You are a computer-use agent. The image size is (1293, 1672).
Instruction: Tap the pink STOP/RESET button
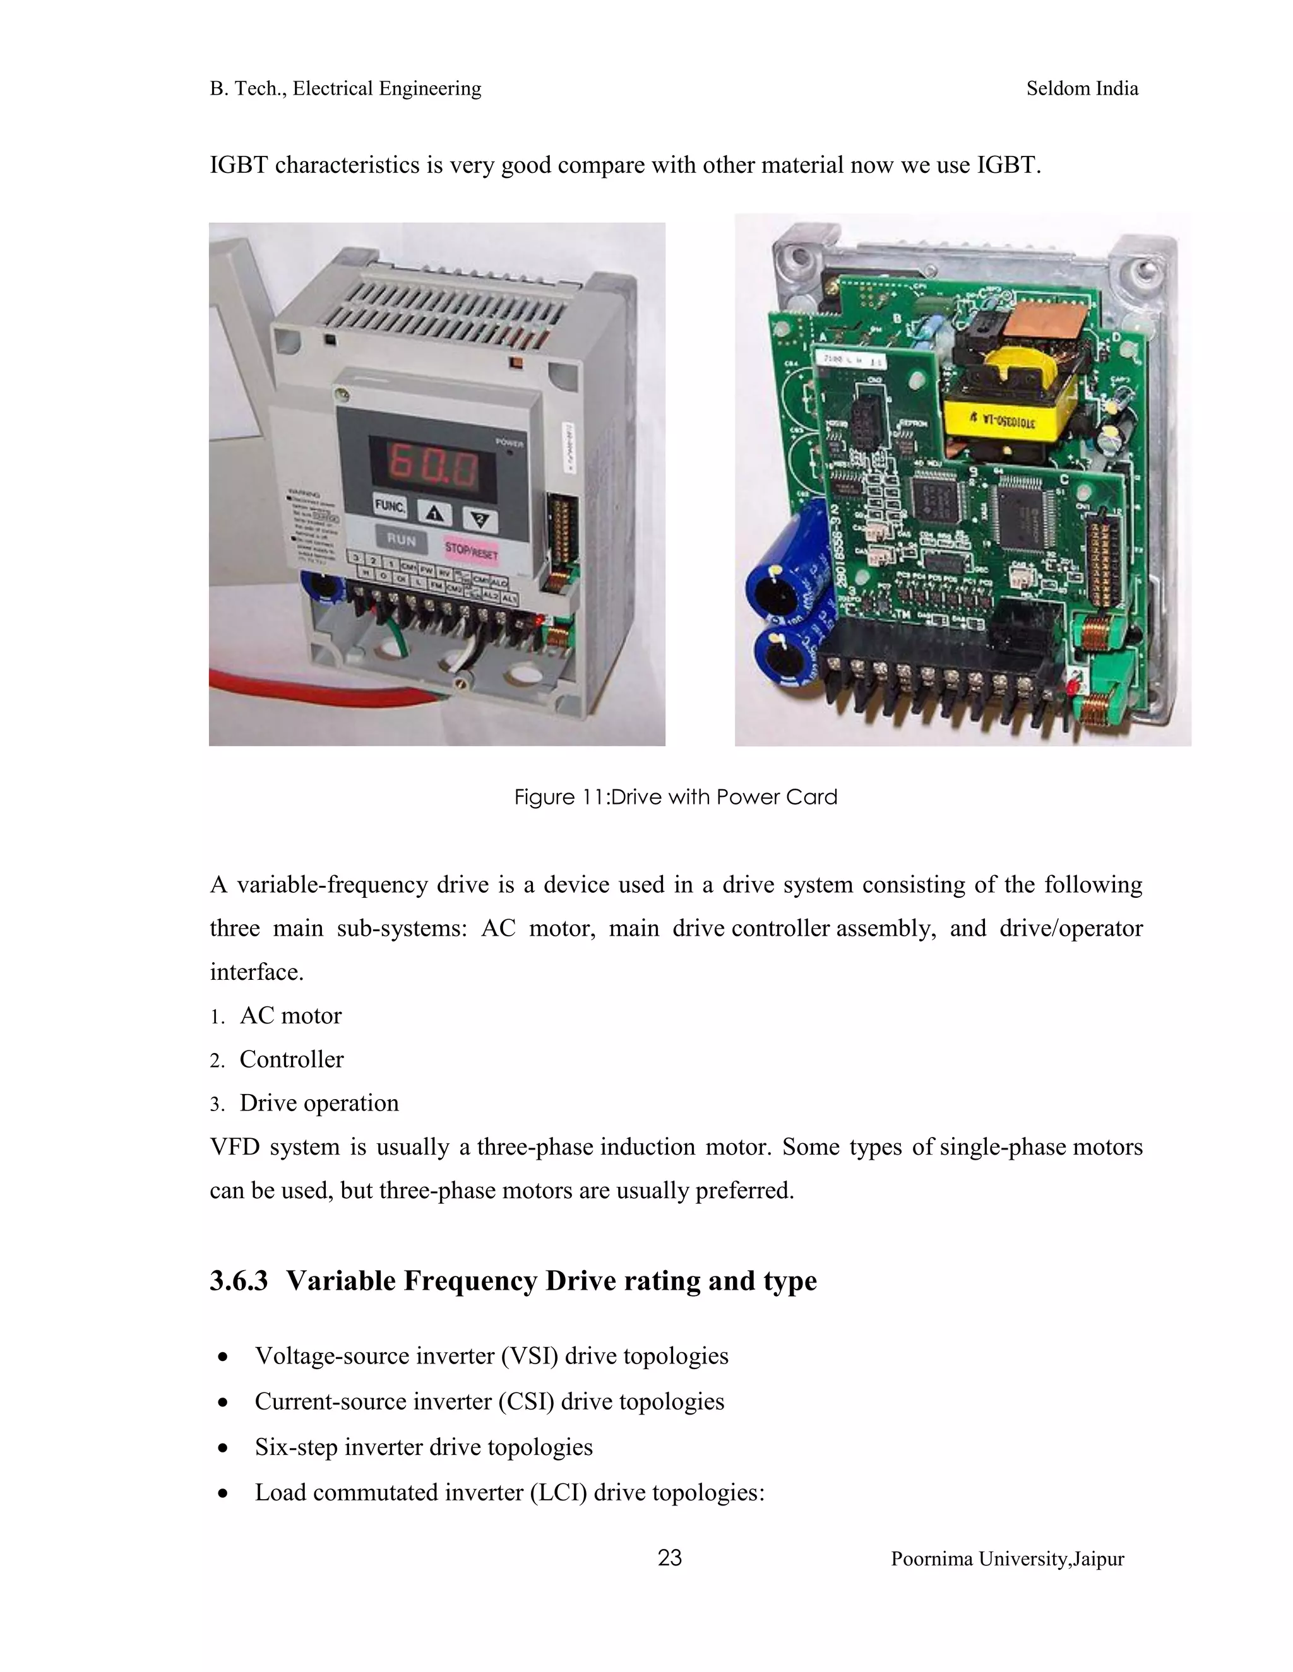pos(471,550)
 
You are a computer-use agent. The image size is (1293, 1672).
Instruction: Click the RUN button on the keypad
pos(402,539)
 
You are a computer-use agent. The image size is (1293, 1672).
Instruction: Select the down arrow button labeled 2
pos(480,521)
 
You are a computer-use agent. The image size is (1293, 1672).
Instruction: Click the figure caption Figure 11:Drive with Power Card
pos(675,797)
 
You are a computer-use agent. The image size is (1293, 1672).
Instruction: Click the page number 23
pos(669,1558)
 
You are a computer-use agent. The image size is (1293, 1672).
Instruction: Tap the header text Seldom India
pos(1081,89)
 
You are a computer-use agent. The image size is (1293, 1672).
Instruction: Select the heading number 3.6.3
pos(238,1281)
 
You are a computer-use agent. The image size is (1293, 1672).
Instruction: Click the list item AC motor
pos(290,1015)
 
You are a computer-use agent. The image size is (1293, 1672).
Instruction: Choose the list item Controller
pos(291,1059)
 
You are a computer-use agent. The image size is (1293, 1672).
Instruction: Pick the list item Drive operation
pos(319,1102)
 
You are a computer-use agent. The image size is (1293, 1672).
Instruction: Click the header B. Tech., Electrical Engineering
pos(345,89)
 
